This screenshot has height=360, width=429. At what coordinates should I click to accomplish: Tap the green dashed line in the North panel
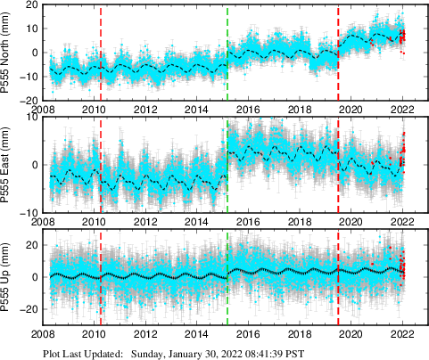(227, 53)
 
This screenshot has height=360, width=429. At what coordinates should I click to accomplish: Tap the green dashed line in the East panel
(227, 165)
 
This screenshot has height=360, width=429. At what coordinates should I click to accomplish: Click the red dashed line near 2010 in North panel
(101, 53)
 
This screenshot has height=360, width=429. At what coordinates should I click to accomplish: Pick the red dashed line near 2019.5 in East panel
(339, 165)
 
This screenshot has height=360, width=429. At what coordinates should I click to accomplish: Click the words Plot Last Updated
(84, 353)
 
